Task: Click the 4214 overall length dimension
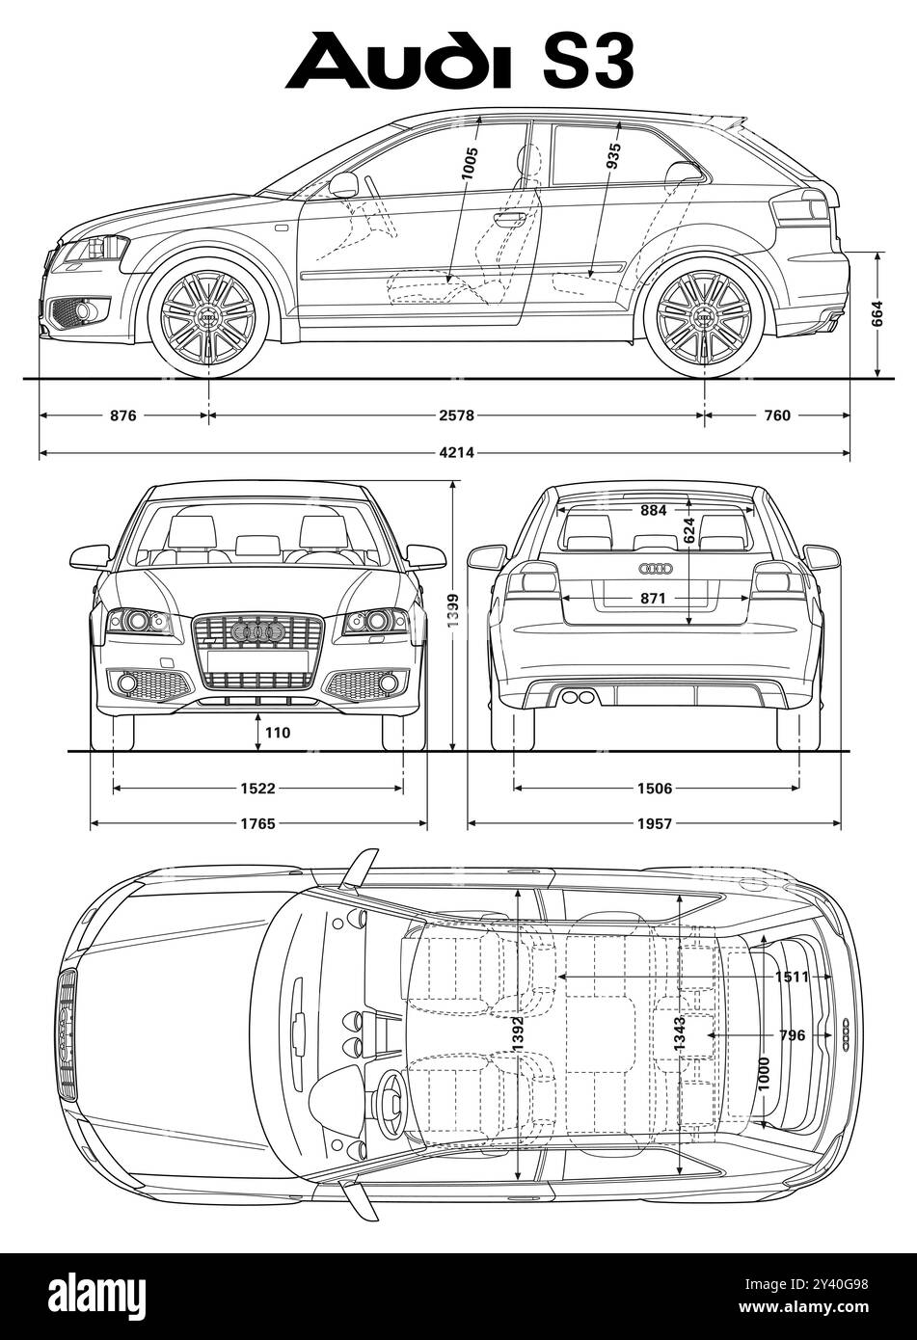[457, 452]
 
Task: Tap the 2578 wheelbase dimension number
[457, 415]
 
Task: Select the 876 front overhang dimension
[122, 415]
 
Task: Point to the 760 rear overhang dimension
[776, 415]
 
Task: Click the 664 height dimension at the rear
[877, 315]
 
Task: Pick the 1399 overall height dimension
[453, 613]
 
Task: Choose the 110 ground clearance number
[277, 733]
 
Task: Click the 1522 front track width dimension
[257, 789]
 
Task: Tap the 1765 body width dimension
[257, 823]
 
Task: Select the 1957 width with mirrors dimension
[654, 823]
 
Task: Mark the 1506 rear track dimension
[654, 789]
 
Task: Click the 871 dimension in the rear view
[653, 599]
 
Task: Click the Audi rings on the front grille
[257, 632]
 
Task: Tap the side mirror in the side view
[344, 184]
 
